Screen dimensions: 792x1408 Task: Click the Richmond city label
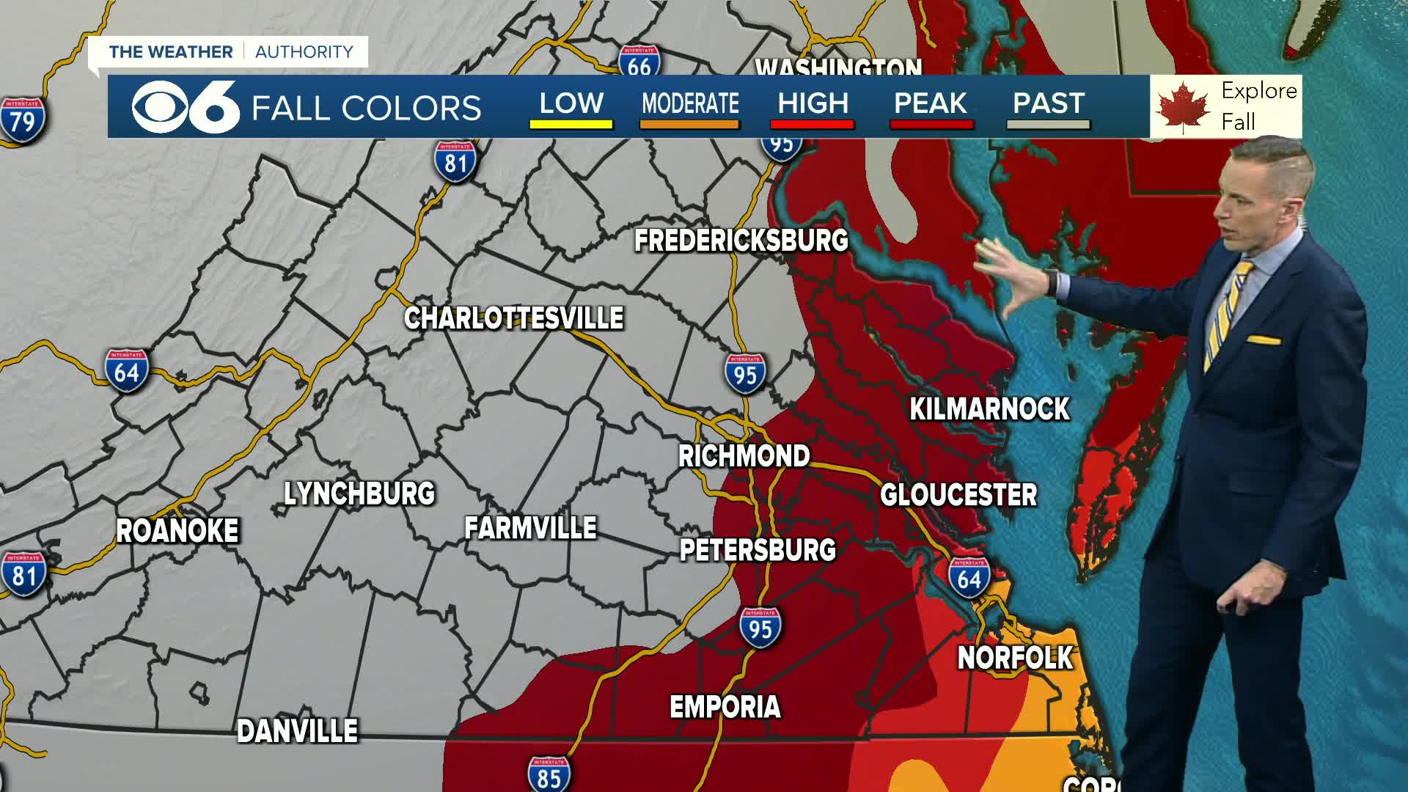pos(744,456)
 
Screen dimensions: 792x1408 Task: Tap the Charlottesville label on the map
pos(513,318)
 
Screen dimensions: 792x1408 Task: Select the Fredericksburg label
pos(741,241)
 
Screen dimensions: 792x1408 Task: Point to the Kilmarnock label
pos(989,409)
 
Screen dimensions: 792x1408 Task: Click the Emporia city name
pos(725,707)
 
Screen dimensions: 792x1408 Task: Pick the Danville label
pos(297,731)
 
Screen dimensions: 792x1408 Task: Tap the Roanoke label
pos(177,531)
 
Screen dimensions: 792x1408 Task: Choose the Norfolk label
pos(1015,658)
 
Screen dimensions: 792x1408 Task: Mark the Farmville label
pos(530,528)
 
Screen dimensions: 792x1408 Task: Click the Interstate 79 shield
pos(22,120)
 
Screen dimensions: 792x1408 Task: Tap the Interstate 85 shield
pos(549,774)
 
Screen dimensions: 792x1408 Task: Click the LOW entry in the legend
pos(571,104)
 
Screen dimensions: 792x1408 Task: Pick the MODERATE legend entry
pos(690,104)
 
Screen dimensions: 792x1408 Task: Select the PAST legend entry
pos(1048,104)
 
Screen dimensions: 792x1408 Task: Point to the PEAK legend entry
pos(931,104)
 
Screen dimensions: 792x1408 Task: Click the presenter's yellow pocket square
pos(1263,340)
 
